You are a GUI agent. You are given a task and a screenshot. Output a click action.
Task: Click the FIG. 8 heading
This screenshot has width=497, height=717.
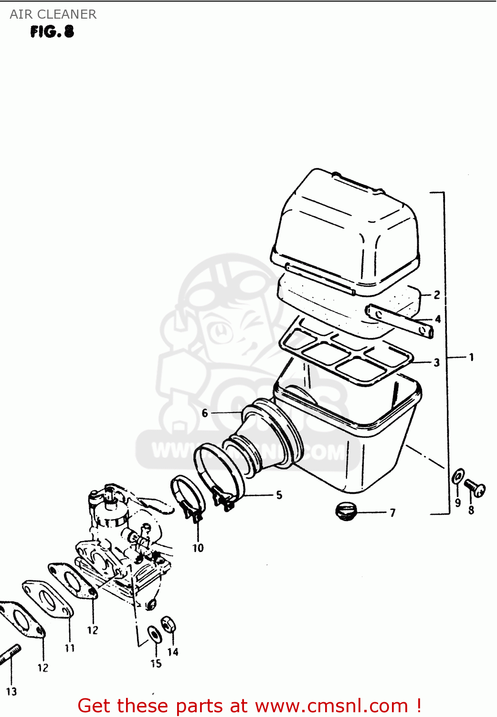(x=52, y=32)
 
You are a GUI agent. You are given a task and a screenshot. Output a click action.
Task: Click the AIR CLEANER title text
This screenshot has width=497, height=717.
(x=53, y=14)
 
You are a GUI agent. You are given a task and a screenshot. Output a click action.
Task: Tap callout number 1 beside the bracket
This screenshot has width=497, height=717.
(x=471, y=357)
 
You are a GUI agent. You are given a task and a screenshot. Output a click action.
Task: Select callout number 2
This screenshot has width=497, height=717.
(x=437, y=295)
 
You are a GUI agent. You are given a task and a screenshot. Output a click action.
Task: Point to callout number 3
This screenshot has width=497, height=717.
(x=436, y=362)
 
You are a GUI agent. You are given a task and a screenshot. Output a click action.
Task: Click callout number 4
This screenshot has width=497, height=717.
(x=437, y=319)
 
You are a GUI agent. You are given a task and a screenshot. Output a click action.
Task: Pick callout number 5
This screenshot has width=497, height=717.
(x=279, y=495)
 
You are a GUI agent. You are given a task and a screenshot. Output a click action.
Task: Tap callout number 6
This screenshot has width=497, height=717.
(x=205, y=413)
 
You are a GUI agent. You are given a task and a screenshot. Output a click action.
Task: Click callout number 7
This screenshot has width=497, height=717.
(x=392, y=513)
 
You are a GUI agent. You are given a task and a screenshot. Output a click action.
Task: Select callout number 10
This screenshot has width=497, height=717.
(x=198, y=548)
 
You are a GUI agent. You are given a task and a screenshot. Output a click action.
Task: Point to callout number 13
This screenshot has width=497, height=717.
(x=11, y=691)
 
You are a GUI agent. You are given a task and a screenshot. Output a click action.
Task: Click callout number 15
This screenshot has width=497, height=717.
(x=156, y=663)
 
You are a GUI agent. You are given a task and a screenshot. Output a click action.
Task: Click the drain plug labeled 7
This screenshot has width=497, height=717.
(x=346, y=511)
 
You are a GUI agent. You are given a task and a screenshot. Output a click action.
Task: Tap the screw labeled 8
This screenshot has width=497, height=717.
(x=475, y=488)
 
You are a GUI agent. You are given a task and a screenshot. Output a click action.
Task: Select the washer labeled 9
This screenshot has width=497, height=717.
(x=458, y=477)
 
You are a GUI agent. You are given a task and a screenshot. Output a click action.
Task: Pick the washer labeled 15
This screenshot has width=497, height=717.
(x=154, y=634)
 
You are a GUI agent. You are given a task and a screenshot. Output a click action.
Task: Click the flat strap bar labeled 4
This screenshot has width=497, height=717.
(x=400, y=321)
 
